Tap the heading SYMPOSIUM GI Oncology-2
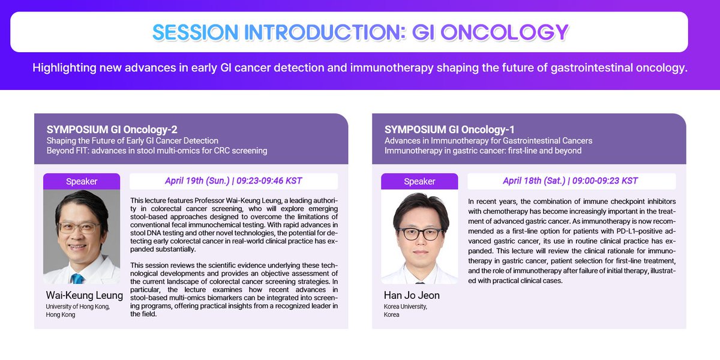pyautogui.click(x=112, y=130)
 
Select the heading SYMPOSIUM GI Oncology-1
pyautogui.click(x=449, y=130)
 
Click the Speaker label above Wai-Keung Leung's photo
pyautogui.click(x=82, y=181)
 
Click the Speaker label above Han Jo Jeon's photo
pyautogui.click(x=419, y=181)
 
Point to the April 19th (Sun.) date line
pyautogui.click(x=233, y=181)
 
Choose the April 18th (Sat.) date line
pyautogui.click(x=570, y=181)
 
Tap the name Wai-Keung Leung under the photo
pyautogui.click(x=84, y=295)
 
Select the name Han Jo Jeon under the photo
pyautogui.click(x=412, y=295)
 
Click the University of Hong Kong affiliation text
pyautogui.click(x=78, y=311)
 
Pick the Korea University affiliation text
pyautogui.click(x=406, y=311)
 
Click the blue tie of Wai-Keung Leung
pyautogui.click(x=77, y=278)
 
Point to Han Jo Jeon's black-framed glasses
pyautogui.click(x=421, y=233)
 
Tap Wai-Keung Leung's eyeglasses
pyautogui.click(x=79, y=228)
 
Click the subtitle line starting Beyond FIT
pyautogui.click(x=157, y=151)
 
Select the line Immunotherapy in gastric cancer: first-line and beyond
pyautogui.click(x=483, y=151)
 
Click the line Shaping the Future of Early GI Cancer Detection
pyautogui.click(x=133, y=140)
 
